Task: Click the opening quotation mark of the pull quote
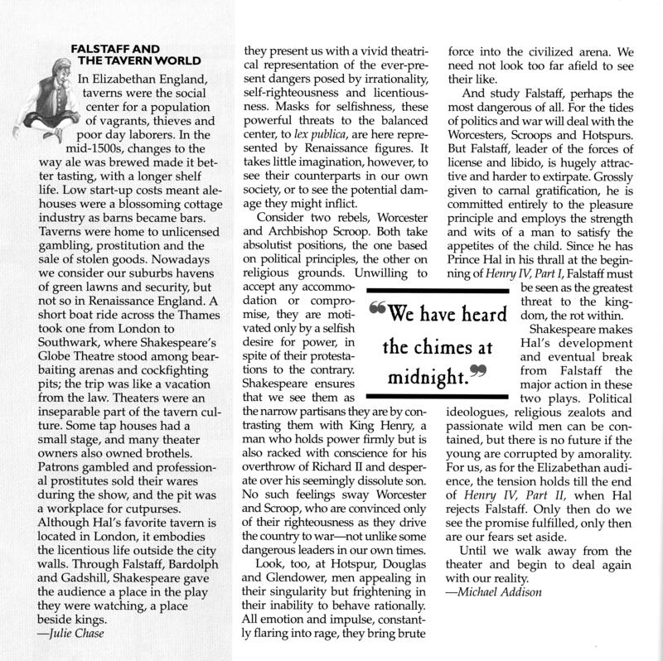[x=377, y=311]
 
